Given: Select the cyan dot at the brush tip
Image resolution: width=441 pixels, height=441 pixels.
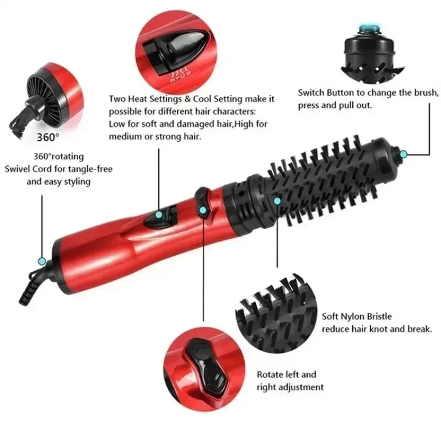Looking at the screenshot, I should [x=404, y=155].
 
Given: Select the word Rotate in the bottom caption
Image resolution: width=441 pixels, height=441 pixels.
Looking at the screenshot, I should [x=271, y=374].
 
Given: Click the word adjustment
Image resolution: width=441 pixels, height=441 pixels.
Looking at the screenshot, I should [x=301, y=387].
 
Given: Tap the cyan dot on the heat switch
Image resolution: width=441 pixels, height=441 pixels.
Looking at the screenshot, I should [x=158, y=213].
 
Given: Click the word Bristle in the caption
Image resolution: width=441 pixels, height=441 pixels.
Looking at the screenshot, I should [x=379, y=316].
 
